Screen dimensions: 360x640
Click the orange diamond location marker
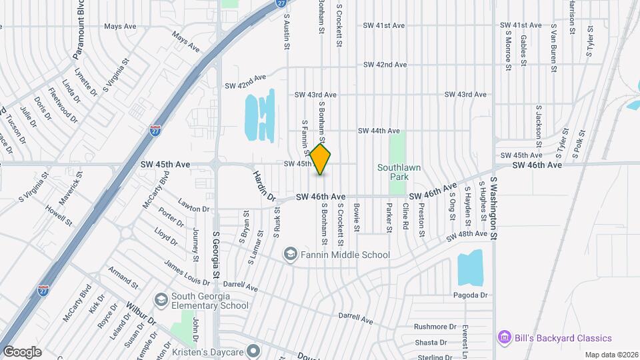321,160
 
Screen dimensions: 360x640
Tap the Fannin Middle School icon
290,254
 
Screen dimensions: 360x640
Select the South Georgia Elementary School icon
161,301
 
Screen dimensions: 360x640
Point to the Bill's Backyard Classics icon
505,338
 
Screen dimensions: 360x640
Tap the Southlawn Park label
397,173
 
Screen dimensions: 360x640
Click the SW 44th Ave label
378,131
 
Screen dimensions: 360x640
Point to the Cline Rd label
405,217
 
